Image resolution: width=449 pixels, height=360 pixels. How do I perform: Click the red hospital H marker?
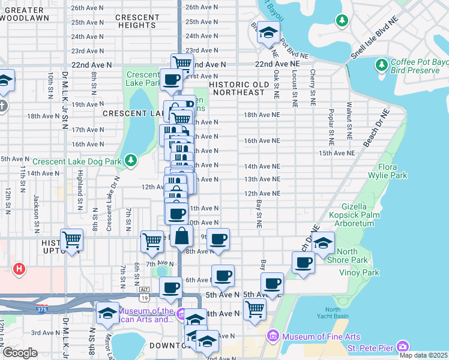click(x=19, y=269)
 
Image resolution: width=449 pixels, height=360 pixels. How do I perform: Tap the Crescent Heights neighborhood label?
click(x=136, y=21)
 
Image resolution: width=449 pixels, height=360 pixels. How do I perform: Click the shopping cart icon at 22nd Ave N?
click(x=181, y=63)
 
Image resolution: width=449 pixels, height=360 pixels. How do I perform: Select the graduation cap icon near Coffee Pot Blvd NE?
click(x=268, y=32)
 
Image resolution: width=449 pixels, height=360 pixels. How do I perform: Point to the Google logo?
click(x=20, y=352)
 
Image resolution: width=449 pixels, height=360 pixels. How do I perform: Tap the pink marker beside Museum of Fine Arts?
click(x=274, y=335)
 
